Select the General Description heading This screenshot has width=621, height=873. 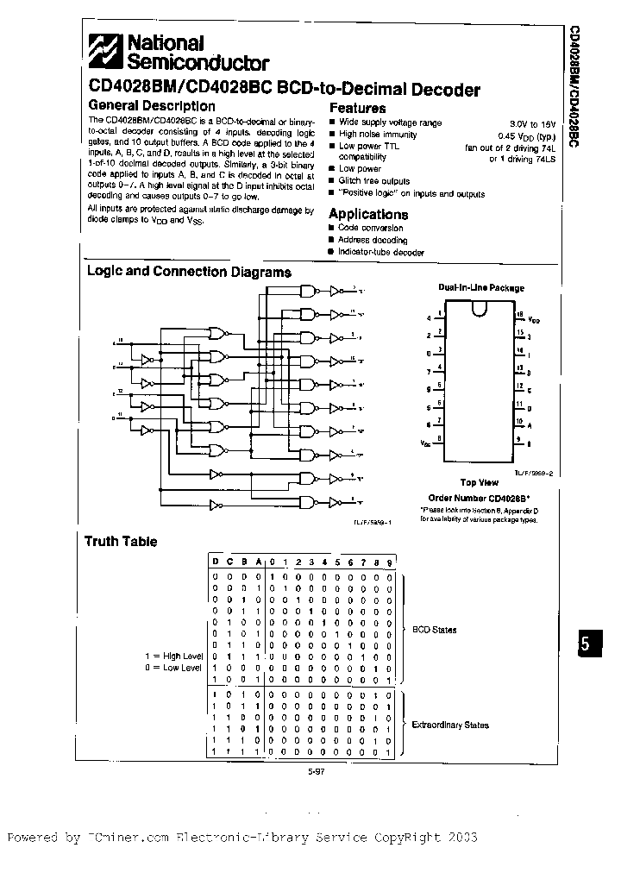151,106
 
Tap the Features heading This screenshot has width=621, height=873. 357,108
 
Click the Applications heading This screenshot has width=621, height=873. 368,214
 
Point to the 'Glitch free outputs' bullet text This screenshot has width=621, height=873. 374,181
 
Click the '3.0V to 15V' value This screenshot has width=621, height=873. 535,123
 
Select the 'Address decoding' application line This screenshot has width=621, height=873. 373,240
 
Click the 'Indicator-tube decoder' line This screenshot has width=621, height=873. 381,253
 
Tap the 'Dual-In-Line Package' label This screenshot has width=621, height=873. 480,287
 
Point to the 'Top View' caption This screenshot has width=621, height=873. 479,483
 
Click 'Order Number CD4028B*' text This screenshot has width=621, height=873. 480,498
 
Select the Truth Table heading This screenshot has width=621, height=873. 121,542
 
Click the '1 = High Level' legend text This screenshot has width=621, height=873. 173,656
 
